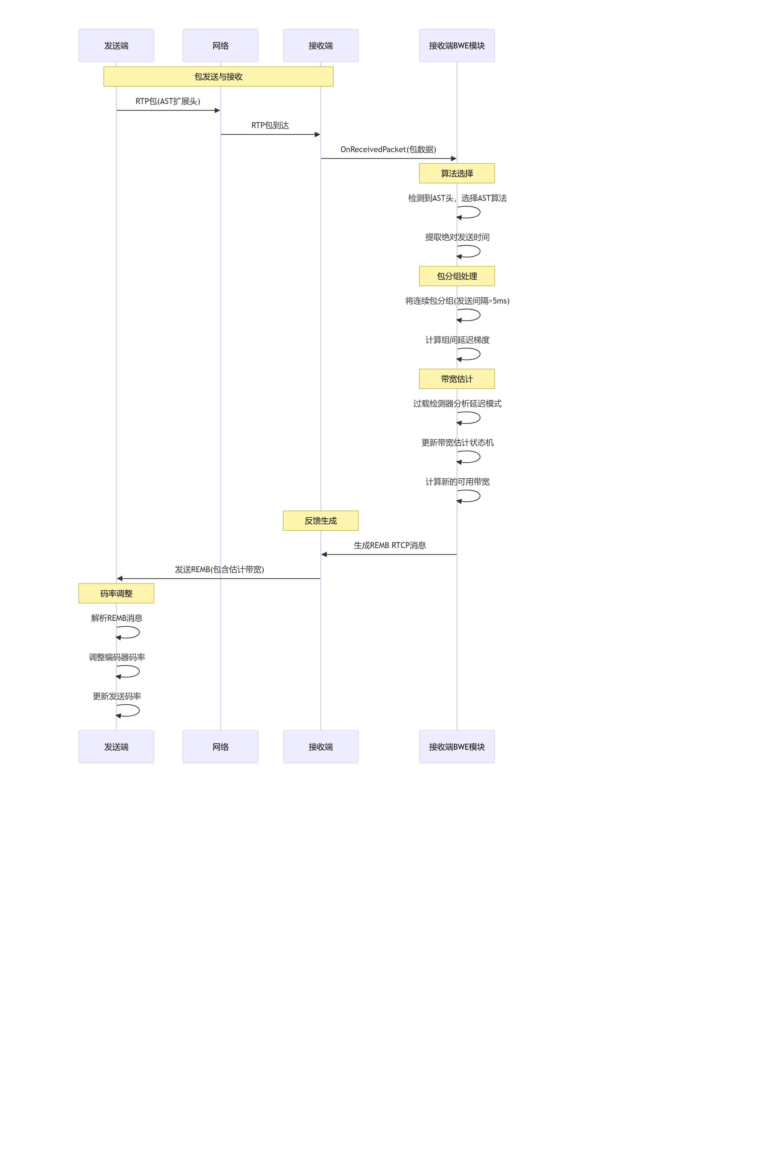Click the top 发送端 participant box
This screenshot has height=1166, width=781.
pos(116,45)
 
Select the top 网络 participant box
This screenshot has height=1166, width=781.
pos(220,45)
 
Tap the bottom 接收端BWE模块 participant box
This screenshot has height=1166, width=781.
pos(457,746)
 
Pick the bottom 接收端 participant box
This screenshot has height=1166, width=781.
pos(320,746)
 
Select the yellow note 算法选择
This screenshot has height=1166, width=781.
pos(457,174)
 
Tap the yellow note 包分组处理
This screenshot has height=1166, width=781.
pos(457,276)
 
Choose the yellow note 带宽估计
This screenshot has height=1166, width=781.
pos(457,379)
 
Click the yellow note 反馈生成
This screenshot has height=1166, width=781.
pos(320,521)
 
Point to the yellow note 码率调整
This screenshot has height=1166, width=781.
pos(116,594)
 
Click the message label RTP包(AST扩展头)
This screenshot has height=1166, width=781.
pos(168,101)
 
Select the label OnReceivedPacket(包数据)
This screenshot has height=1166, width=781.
pos(388,149)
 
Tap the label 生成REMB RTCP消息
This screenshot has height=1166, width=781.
pos(389,545)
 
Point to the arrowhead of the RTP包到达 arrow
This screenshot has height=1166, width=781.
pos(317,134)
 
